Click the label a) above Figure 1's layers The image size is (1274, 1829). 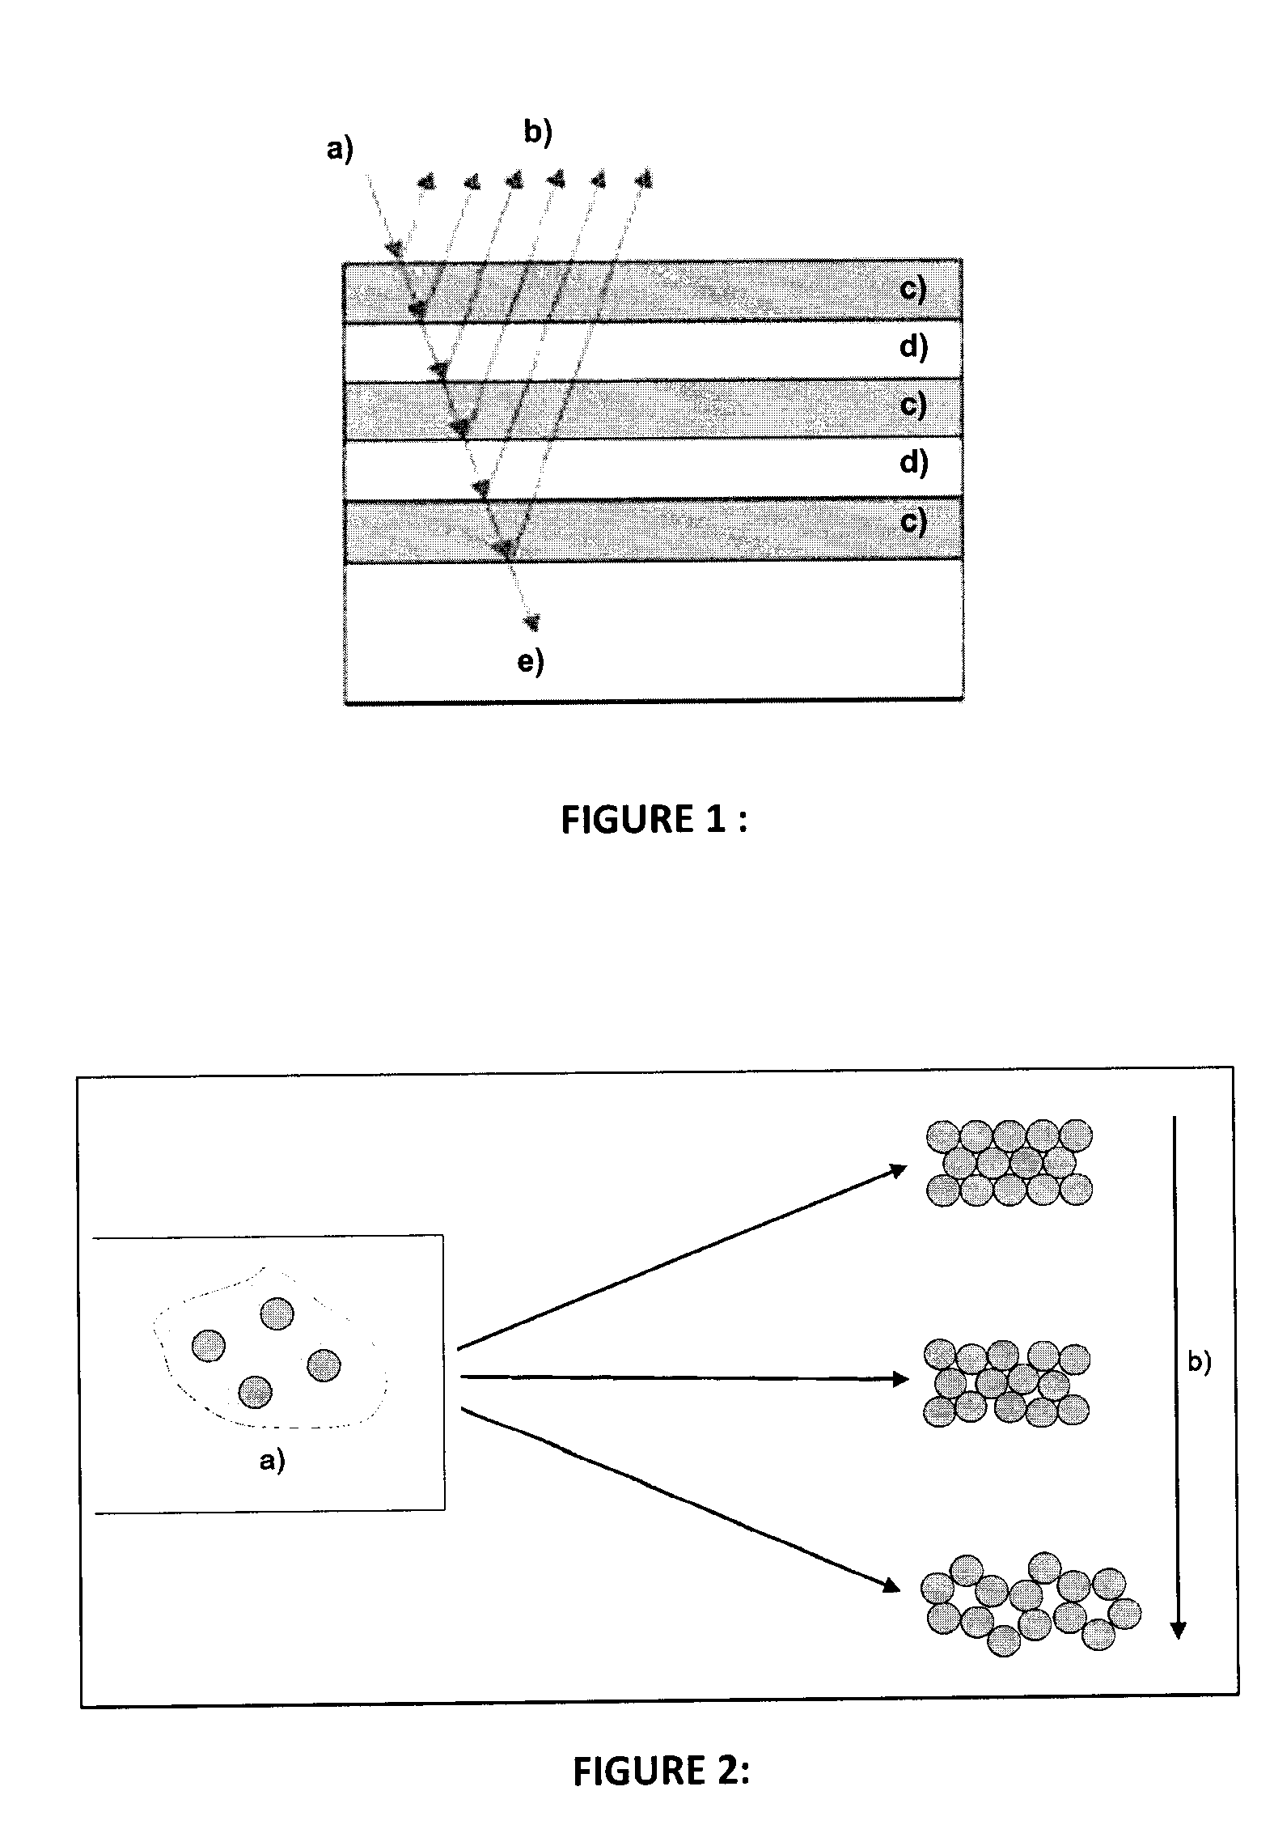[340, 150]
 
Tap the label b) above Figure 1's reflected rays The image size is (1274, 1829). [538, 132]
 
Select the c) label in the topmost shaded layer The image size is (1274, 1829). [913, 290]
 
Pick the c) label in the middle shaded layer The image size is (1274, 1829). [913, 405]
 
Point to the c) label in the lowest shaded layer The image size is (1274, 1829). [913, 522]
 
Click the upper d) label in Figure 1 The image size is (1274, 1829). [913, 347]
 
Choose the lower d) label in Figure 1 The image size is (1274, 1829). [913, 463]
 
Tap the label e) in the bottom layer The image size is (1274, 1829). [531, 662]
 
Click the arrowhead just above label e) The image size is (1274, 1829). [531, 622]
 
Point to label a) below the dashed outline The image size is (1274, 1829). [272, 1461]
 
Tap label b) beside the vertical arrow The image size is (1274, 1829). [1200, 1363]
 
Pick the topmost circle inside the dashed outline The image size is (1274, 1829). [277, 1313]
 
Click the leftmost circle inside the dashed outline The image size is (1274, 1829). [209, 1345]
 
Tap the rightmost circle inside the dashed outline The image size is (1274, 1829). [324, 1365]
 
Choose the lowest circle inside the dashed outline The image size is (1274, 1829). [256, 1392]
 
